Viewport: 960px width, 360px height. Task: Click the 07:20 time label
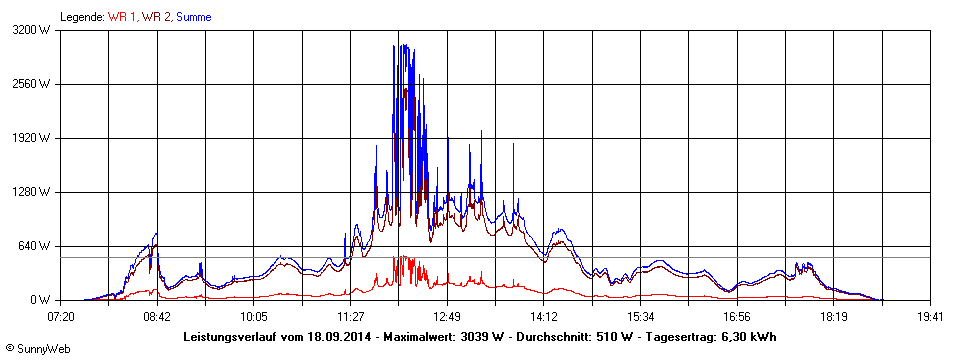click(61, 316)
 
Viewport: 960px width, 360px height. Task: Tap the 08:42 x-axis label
click(157, 316)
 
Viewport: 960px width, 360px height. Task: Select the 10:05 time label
click(254, 316)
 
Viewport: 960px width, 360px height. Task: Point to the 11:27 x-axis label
click(350, 316)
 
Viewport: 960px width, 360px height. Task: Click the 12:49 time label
click(447, 316)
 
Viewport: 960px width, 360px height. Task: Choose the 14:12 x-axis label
click(544, 316)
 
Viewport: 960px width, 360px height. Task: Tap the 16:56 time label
click(737, 316)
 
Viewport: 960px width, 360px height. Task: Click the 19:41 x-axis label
click(930, 316)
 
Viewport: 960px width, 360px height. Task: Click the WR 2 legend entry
click(156, 17)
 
